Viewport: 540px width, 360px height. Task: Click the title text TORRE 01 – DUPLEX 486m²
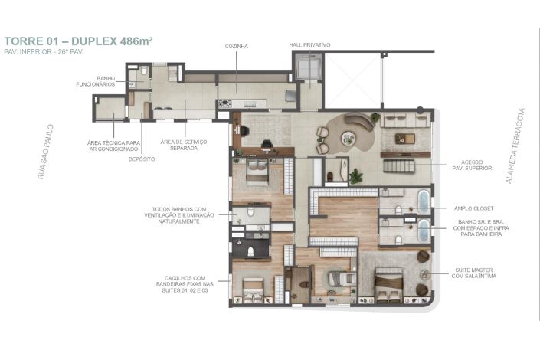coord(79,41)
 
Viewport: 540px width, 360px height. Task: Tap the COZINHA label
coord(236,46)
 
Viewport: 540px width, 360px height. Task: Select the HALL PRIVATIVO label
coord(309,44)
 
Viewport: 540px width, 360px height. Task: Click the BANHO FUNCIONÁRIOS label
coord(96,81)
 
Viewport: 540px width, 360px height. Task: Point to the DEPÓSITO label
coord(142,159)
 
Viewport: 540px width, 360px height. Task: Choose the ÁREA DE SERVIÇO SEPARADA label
coord(184,145)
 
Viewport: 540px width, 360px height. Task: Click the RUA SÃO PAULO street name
coord(45,152)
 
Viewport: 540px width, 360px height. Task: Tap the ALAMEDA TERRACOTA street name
coord(515,146)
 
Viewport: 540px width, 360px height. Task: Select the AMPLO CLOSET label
coord(473,208)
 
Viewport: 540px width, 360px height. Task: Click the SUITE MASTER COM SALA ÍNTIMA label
coord(474,273)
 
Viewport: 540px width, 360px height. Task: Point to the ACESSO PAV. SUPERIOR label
coord(472,165)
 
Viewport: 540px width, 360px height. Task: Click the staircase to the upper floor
coord(398,166)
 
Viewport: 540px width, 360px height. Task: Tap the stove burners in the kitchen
coord(225,103)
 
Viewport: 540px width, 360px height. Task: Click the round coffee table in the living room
coord(349,138)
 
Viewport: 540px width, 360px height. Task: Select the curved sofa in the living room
coord(359,121)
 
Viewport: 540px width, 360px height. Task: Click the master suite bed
coord(389,283)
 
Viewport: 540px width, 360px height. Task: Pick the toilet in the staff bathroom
coord(144,71)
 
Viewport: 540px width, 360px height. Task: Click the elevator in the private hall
coord(309,66)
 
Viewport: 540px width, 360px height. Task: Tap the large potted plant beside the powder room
coord(355,176)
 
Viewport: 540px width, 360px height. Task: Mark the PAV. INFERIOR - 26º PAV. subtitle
coord(44,52)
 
